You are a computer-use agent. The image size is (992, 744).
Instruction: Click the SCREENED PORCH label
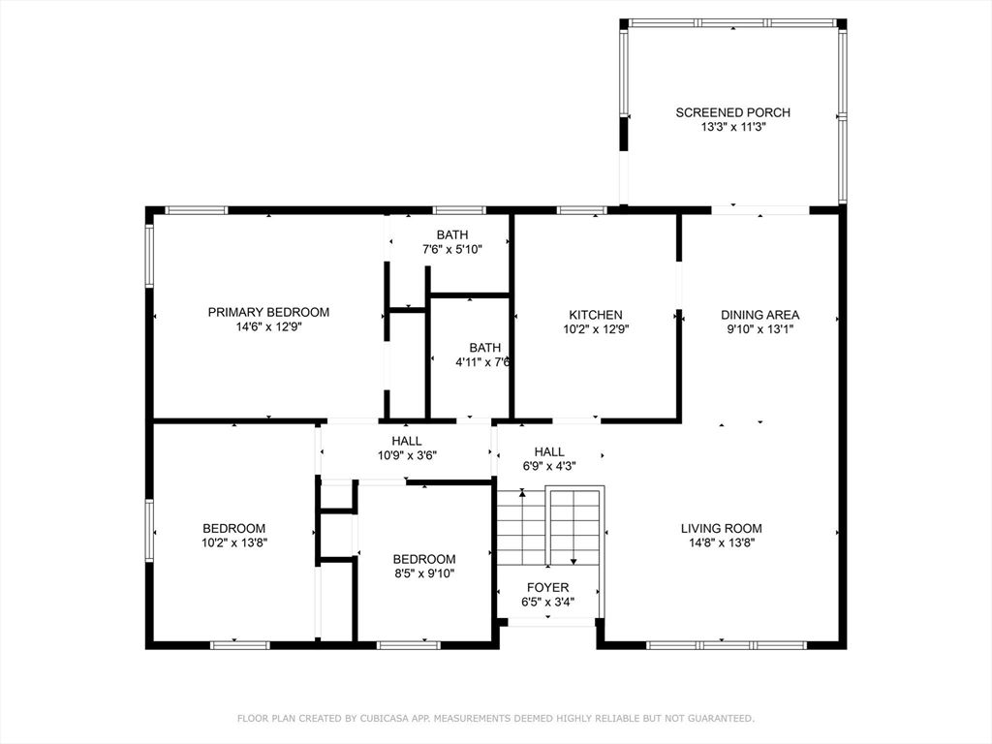click(732, 112)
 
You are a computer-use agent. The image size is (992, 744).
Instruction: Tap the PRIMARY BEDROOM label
click(268, 312)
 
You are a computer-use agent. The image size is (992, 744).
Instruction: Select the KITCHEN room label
click(596, 315)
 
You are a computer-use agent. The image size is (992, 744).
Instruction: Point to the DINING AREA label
click(759, 315)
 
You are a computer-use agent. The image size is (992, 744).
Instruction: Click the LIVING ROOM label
click(721, 528)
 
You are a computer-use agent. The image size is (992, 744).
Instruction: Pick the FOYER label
click(548, 588)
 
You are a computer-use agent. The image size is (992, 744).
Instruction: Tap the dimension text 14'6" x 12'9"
click(269, 327)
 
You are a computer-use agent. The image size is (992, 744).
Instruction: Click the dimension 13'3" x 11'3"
click(733, 127)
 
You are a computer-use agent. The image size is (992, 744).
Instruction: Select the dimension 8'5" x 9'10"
click(424, 573)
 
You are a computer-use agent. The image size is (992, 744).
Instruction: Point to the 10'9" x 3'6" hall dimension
click(407, 455)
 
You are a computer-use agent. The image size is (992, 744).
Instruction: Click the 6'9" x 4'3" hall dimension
click(549, 467)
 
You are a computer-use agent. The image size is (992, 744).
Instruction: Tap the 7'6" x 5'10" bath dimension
click(452, 249)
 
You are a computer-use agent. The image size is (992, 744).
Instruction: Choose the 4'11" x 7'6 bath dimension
click(482, 362)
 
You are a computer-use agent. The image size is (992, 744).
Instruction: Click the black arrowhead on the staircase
click(573, 561)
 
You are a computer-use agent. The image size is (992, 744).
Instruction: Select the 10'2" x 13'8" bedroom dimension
click(234, 542)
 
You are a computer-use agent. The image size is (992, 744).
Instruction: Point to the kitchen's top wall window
click(582, 210)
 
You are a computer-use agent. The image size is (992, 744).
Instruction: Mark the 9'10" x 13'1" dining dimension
click(759, 329)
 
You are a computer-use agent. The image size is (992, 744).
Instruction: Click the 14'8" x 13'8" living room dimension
click(722, 542)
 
